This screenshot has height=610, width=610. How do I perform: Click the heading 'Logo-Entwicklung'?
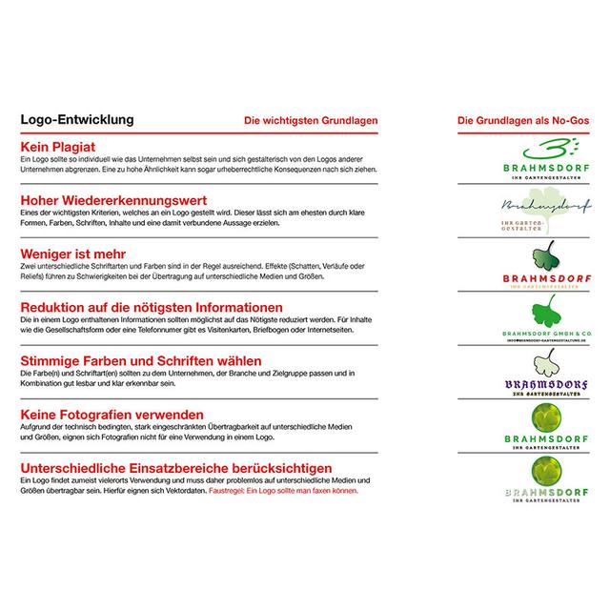tap(77, 121)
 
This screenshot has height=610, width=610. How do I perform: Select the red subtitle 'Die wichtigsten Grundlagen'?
tap(312, 122)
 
